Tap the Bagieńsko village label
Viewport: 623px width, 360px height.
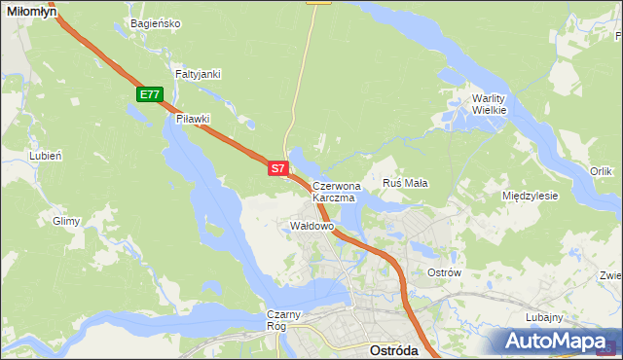click(155, 23)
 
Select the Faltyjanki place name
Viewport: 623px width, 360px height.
click(199, 74)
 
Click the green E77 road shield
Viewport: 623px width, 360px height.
click(149, 94)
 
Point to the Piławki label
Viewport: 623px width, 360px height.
click(194, 119)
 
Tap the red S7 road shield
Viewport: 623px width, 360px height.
click(277, 168)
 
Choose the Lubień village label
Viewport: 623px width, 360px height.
click(46, 155)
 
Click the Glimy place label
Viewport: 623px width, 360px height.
click(66, 222)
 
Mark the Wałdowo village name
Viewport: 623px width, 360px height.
click(312, 226)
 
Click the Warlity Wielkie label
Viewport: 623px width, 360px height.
click(490, 104)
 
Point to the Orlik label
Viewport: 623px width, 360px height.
click(601, 171)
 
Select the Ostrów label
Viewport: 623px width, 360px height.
click(444, 272)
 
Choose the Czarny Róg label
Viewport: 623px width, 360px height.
click(286, 320)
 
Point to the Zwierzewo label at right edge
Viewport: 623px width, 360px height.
click(610, 274)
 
